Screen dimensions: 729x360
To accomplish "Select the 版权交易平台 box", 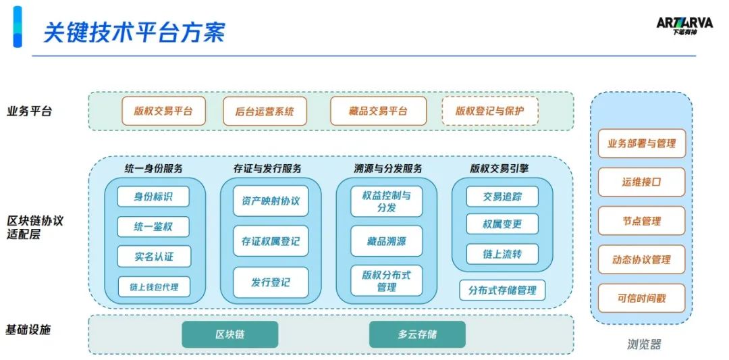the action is coord(163,111).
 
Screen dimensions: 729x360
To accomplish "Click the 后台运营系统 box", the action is coord(265,111).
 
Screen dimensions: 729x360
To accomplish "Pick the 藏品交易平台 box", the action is coord(378,111).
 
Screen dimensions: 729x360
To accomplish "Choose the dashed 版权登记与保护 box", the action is coord(489,111).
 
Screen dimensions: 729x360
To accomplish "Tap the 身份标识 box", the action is coord(153,197).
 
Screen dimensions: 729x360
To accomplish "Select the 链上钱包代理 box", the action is coord(154,286).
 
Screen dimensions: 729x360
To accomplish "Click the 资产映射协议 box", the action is coord(270,201).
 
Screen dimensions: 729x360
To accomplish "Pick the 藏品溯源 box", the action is coord(387,241).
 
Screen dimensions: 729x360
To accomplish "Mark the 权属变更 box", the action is coord(502,224).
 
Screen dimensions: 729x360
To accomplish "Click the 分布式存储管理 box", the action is coord(502,290).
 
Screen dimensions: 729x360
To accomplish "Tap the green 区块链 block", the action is coord(230,334).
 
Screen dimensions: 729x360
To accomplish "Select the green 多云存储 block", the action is coord(416,334).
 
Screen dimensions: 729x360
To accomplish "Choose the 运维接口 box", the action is coord(641,182).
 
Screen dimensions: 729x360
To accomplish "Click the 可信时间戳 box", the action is coord(641,298).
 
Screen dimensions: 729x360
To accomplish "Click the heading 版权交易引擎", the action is coord(500,168).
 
